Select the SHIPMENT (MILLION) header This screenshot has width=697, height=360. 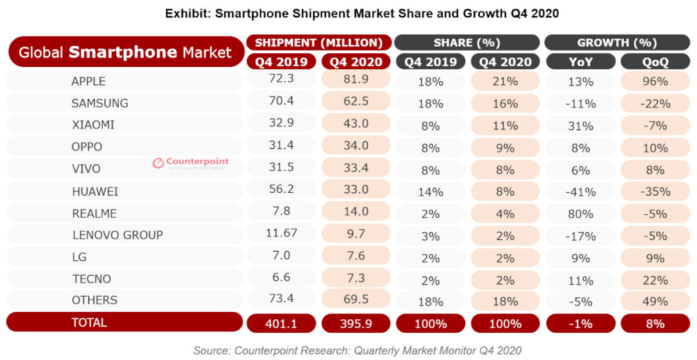click(319, 43)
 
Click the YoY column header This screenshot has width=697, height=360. click(580, 62)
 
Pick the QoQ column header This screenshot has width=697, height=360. click(655, 62)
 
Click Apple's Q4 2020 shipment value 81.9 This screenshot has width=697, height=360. click(355, 81)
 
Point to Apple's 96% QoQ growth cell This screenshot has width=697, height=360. click(655, 81)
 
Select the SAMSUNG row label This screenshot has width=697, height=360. click(99, 103)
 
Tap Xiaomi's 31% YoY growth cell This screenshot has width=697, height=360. click(580, 125)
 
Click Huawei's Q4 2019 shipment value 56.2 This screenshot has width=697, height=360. click(282, 190)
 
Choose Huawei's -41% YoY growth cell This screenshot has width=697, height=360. click(580, 192)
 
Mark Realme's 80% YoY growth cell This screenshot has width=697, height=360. click(580, 214)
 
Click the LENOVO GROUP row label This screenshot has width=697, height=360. click(117, 235)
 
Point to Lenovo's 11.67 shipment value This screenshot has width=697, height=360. click(282, 235)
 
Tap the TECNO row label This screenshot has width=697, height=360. click(91, 279)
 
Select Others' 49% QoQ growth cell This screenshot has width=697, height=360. click(655, 301)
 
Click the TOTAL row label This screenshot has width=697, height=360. click(89, 322)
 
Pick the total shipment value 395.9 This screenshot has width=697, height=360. click(355, 323)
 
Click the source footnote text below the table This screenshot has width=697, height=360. click(357, 350)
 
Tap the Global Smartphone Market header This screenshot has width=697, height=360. click(125, 52)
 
